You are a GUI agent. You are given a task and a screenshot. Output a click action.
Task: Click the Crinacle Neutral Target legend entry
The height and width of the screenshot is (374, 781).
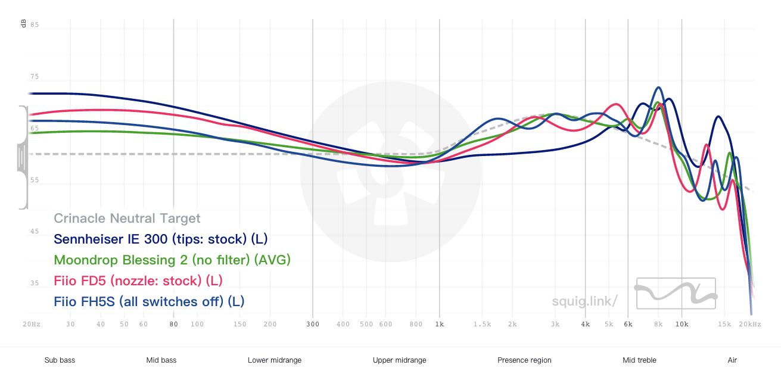(127, 219)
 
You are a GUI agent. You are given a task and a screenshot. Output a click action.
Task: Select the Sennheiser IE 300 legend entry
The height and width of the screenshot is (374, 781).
(160, 239)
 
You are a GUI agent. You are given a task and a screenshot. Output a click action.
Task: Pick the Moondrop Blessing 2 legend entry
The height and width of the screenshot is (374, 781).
(172, 260)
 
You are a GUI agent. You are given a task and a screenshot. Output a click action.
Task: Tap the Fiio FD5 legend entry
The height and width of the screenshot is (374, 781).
(138, 280)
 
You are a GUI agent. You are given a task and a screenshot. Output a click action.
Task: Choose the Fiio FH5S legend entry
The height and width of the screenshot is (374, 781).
(149, 301)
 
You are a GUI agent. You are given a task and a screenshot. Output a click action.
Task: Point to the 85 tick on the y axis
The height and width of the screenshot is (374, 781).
(35, 25)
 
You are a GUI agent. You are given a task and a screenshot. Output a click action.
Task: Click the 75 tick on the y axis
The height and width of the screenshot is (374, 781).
(35, 77)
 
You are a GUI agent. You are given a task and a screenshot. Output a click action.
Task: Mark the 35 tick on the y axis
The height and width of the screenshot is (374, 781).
(35, 283)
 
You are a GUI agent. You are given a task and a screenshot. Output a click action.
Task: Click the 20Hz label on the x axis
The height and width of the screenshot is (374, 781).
(32, 325)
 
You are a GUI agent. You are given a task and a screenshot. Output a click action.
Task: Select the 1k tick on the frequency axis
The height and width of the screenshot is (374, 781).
(440, 325)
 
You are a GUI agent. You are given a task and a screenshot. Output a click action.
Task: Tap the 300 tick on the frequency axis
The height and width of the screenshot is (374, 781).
(313, 325)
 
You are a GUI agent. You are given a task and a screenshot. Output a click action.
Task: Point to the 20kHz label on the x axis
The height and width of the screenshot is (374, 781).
(750, 325)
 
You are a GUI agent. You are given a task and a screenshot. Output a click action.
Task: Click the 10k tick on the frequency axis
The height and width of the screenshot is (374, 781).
(682, 325)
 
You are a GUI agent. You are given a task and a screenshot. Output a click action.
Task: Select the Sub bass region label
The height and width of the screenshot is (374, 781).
(60, 360)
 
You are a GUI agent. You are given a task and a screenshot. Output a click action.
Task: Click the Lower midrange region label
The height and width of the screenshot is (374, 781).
(275, 360)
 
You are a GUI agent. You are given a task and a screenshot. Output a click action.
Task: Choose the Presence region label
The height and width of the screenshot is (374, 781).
(524, 360)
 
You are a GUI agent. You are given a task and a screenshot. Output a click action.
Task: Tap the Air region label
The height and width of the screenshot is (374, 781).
(732, 360)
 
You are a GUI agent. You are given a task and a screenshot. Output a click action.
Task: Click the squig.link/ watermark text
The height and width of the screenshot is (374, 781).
(584, 301)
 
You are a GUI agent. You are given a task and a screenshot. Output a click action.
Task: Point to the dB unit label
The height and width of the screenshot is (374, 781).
(23, 24)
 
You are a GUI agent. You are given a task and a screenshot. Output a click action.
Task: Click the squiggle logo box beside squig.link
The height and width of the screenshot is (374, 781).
(676, 293)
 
